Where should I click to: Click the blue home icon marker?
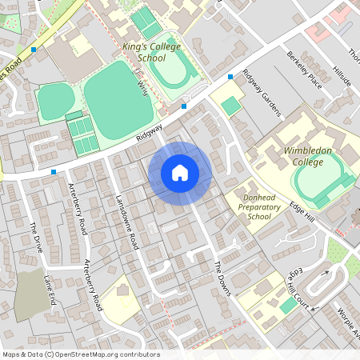coord(180,173)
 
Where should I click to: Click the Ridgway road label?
coord(149,131)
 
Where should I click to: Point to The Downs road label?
coord(222,278)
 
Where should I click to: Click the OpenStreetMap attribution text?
coord(81,354)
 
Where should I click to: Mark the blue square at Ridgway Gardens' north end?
coord(230,77)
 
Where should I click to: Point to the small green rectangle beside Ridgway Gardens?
coord(231,106)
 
